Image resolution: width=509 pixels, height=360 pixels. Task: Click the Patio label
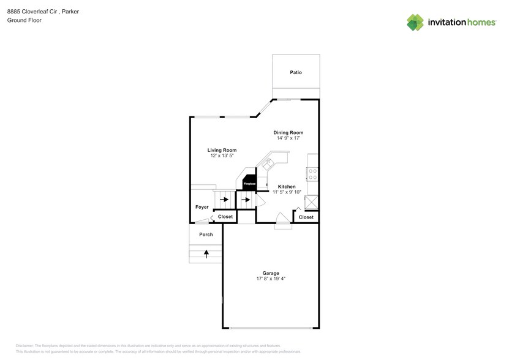click(x=296, y=72)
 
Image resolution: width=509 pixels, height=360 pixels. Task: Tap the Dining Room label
click(x=288, y=132)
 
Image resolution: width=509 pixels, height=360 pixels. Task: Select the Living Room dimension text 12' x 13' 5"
click(x=222, y=156)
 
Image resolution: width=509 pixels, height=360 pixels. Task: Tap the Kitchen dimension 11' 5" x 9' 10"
click(x=287, y=192)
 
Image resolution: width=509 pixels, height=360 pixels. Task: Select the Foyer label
click(x=202, y=207)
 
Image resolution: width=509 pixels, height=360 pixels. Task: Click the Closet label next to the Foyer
click(x=225, y=217)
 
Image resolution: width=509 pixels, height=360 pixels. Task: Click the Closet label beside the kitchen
click(x=306, y=217)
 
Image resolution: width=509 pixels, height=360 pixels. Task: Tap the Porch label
click(x=206, y=234)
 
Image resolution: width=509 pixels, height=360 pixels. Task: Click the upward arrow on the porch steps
click(x=206, y=252)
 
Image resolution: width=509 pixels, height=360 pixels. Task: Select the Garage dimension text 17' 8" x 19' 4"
click(x=271, y=279)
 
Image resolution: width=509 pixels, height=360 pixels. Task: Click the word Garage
click(x=271, y=273)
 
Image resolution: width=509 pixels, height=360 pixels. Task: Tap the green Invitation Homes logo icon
click(x=415, y=22)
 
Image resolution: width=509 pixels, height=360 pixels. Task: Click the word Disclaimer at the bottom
click(x=25, y=346)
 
